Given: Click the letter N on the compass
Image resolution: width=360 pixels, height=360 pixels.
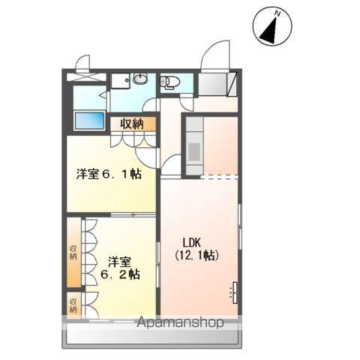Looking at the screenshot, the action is point(277,13).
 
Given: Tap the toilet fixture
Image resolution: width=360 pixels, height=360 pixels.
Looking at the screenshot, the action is point(170,82).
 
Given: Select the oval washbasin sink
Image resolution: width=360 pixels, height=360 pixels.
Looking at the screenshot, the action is point(140,79).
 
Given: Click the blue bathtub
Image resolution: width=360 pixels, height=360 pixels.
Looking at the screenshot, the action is point(90,121).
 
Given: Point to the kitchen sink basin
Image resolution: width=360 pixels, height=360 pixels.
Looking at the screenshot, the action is point(194,151).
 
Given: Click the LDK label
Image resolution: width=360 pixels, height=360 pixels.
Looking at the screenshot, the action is point(192,242).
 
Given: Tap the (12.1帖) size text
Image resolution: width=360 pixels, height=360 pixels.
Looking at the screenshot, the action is point(197,255).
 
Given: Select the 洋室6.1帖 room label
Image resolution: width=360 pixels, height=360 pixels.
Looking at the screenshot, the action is point(109,174).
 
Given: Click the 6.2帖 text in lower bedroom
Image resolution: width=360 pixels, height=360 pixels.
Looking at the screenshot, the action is point(120,274).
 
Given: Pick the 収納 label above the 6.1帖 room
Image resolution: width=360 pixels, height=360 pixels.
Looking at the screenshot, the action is point(132,124).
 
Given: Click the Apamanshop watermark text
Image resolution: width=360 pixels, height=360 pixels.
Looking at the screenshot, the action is point(180,322).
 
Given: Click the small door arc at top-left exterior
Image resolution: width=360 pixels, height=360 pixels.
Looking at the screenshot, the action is point(81,60).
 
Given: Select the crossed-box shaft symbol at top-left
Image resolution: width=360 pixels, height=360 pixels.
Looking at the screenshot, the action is point(86,76).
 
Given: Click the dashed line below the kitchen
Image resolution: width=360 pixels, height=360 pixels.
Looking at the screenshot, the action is point(219,177).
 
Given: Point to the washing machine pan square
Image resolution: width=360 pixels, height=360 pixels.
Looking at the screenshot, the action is point(120,81).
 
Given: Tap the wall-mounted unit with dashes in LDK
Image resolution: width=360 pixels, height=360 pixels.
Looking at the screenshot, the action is point(235,292).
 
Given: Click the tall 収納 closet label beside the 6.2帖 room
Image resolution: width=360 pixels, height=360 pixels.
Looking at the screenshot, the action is point(73,253).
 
